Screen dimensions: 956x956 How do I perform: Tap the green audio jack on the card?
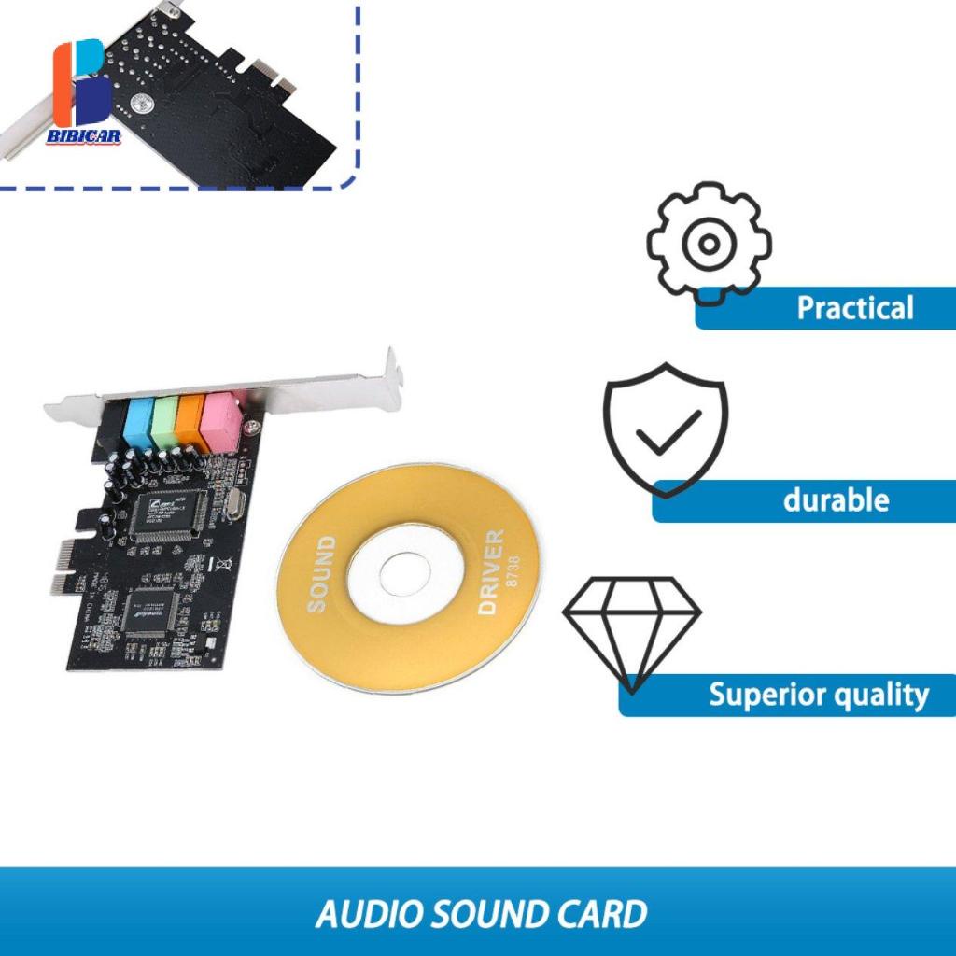pyautogui.click(x=165, y=420)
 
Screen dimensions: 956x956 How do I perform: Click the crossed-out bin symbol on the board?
pyautogui.click(x=225, y=565)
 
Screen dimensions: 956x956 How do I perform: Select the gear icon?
pyautogui.click(x=709, y=244)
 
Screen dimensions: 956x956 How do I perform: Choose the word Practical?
pyautogui.click(x=854, y=308)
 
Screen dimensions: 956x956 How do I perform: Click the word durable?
pyautogui.click(x=836, y=500)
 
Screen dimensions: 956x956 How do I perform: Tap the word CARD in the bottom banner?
pyautogui.click(x=600, y=913)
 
